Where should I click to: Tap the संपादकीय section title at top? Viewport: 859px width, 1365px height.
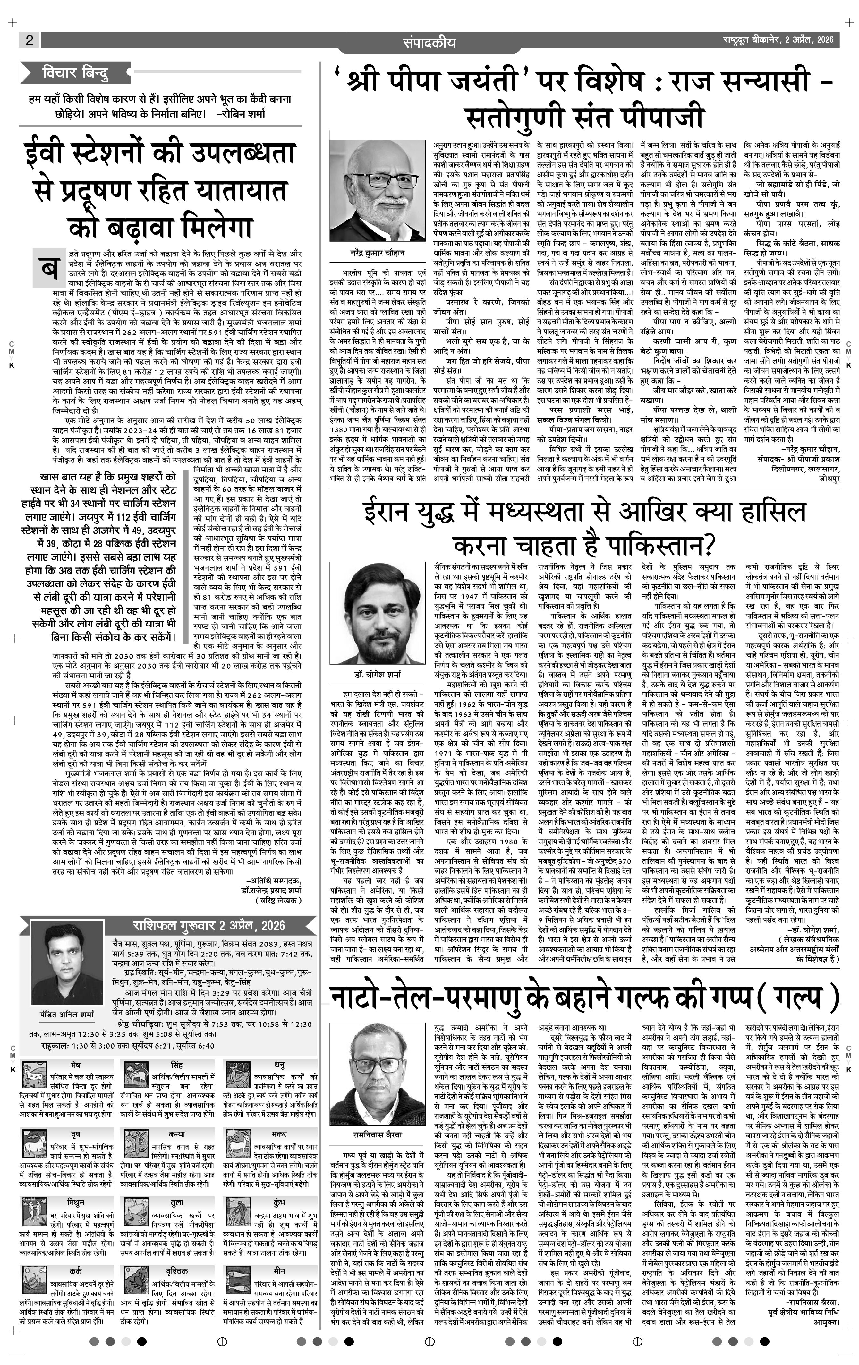429,41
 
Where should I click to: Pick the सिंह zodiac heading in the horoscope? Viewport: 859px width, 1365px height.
176,1065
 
